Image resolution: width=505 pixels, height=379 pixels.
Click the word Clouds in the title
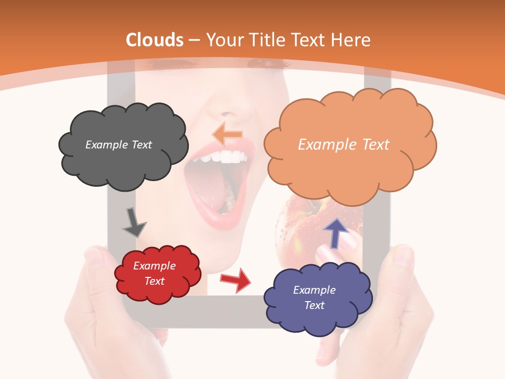(155, 40)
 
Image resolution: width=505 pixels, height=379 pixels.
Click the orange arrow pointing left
(227, 134)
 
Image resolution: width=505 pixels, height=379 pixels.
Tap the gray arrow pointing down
(134, 223)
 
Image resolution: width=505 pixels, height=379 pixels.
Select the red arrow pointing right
(236, 280)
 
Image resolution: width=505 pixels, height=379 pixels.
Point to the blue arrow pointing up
(335, 232)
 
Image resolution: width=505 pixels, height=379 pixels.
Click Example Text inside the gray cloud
(118, 145)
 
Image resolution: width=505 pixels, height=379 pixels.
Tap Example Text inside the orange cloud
(344, 145)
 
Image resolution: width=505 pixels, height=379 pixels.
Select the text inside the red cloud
(154, 273)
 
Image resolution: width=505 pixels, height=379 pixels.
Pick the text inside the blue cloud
(314, 297)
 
